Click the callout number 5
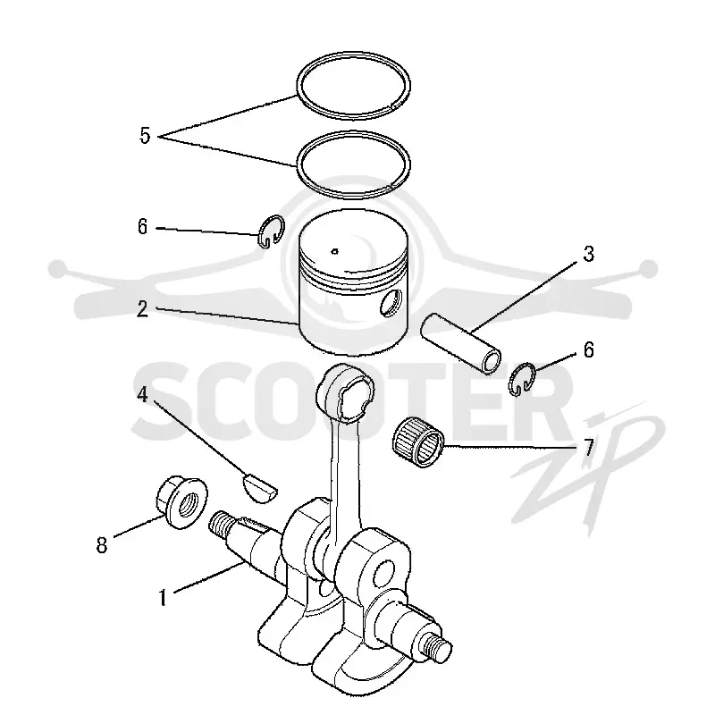click(145, 136)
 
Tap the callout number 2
click(142, 309)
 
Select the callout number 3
click(589, 254)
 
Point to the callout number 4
click(143, 395)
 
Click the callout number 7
click(588, 448)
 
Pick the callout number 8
click(101, 545)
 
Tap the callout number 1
click(164, 598)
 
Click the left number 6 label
click(143, 227)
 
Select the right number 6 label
click(589, 349)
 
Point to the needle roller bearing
click(418, 442)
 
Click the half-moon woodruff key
click(258, 488)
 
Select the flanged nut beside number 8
click(181, 501)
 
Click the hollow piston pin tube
click(460, 342)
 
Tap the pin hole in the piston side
click(391, 302)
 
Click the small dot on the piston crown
click(334, 250)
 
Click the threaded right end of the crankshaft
click(436, 647)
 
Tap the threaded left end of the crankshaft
click(219, 525)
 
